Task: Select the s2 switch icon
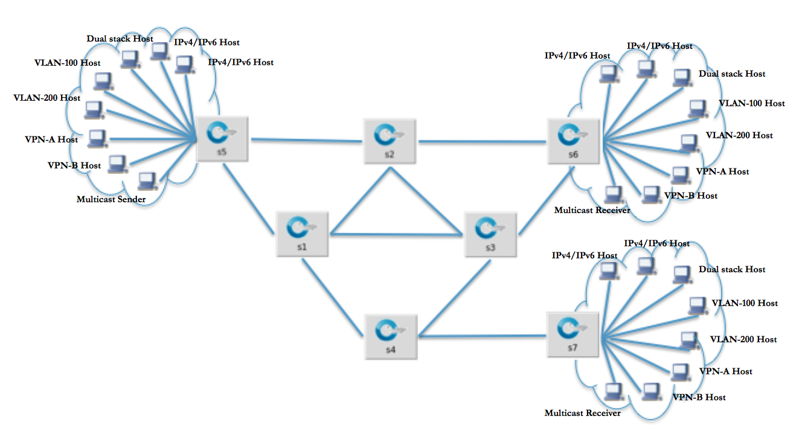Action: (389, 141)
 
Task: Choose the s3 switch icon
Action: (490, 234)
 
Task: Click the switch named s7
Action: (572, 334)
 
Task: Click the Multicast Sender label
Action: (111, 198)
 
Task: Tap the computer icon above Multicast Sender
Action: (147, 181)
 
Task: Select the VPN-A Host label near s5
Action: (54, 139)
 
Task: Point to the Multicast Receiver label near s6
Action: (592, 210)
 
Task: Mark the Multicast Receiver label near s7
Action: (582, 413)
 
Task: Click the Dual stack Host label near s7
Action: (732, 269)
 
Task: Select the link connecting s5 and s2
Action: (306, 141)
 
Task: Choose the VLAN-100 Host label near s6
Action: (752, 103)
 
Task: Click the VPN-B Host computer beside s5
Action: (117, 164)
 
